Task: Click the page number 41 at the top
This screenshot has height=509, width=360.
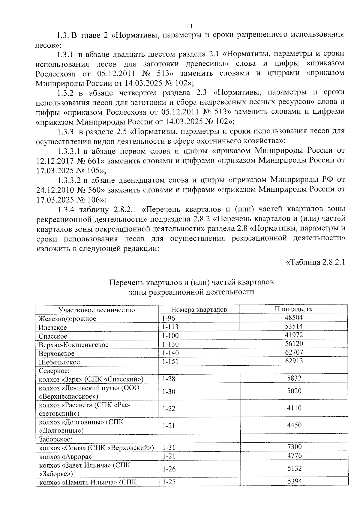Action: coord(189,26)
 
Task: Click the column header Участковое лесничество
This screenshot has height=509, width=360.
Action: coord(97,310)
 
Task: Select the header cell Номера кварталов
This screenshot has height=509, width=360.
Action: coord(199,309)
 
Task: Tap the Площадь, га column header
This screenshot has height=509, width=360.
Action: coord(294,309)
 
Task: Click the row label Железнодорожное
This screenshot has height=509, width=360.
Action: coord(67,319)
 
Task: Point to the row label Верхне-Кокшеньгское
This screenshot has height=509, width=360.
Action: coord(73,345)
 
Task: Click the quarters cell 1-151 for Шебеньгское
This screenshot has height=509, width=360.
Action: coord(170,362)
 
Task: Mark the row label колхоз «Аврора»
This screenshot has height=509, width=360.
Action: coord(65,457)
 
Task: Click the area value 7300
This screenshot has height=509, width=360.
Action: coord(294,447)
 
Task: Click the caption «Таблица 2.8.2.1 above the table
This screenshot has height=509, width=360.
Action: coord(315,262)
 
